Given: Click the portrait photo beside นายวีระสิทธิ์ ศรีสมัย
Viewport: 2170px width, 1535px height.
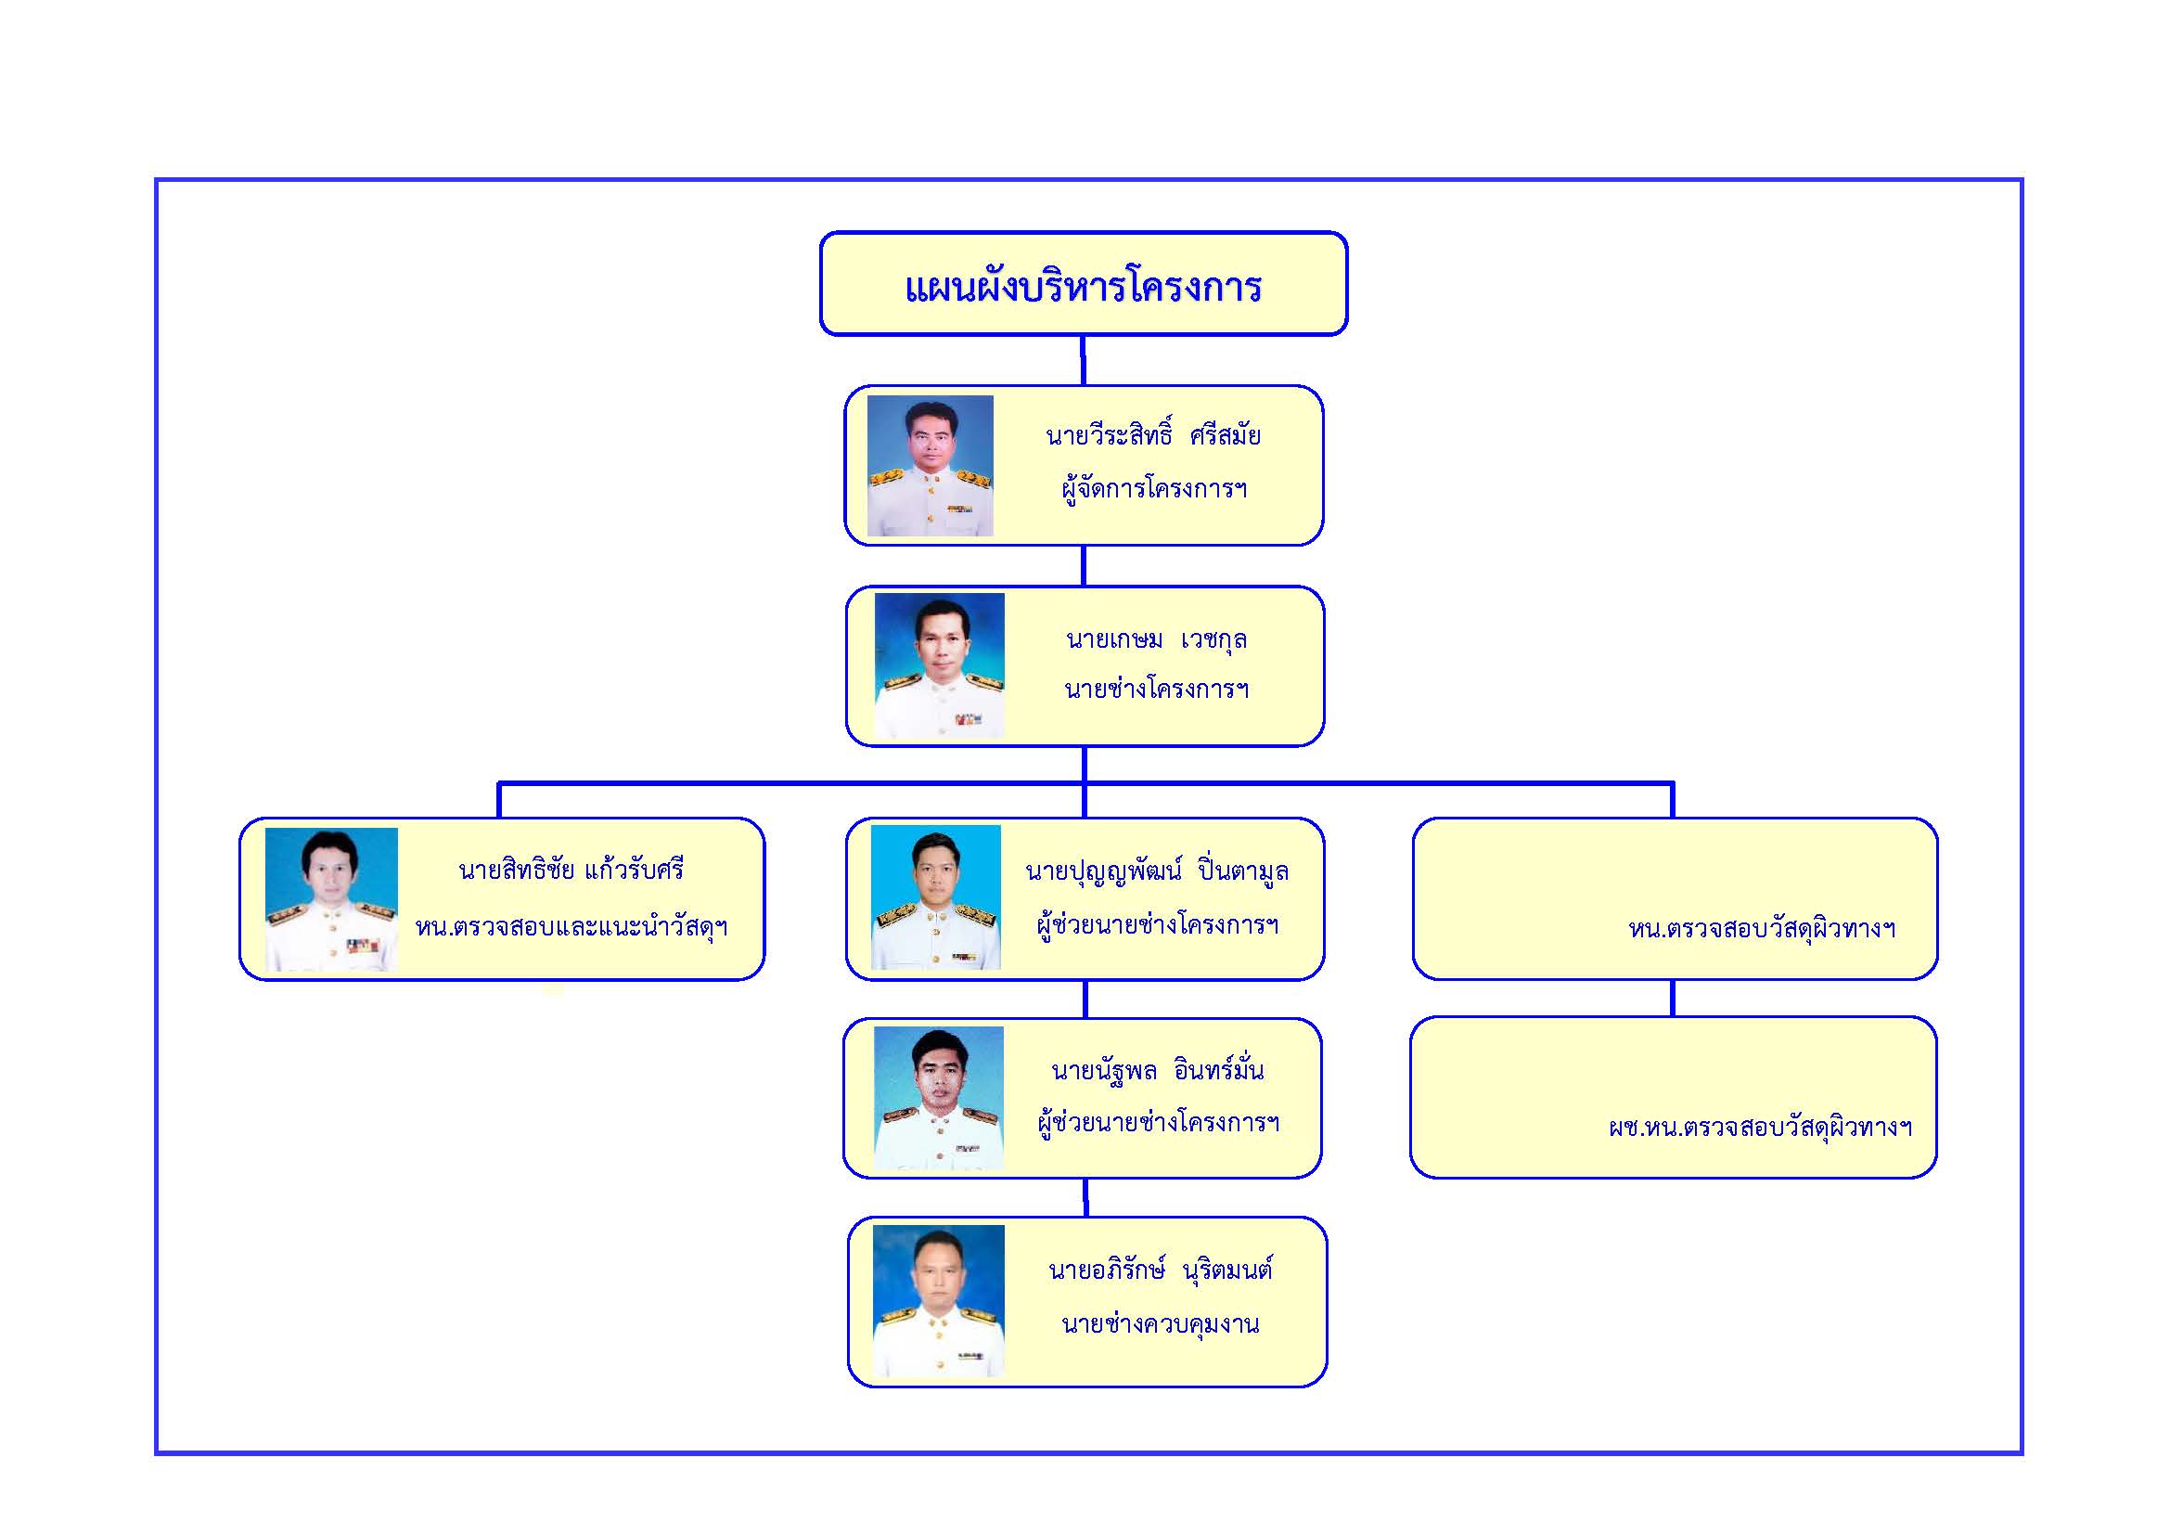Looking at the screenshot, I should coord(930,466).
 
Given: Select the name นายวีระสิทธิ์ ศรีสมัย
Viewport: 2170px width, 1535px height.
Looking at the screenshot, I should coord(1153,436).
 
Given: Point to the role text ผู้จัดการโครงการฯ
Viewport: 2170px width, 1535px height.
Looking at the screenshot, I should coord(1154,489).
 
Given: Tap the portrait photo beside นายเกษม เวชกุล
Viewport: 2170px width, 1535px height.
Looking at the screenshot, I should coord(940,665).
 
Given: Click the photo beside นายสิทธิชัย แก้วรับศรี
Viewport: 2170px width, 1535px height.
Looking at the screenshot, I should coord(331,899).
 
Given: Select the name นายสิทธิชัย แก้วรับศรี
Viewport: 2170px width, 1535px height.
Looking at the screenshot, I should coord(571,870).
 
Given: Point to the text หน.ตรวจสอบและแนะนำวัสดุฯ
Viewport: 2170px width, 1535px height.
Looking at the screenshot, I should coord(571,926).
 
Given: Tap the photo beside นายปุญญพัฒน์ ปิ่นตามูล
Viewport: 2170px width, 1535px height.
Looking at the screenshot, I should coord(936,897).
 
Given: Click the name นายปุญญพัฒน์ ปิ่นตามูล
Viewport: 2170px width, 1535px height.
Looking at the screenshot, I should coord(1157,871).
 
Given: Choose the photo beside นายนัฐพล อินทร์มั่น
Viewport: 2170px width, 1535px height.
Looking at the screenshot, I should coord(939,1098).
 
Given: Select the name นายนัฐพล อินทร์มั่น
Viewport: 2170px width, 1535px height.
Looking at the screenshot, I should coord(1157,1071).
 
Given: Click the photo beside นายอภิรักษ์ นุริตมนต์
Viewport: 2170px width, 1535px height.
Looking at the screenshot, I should coord(939,1299).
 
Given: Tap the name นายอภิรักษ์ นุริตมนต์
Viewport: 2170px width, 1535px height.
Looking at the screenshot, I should coord(1161,1271).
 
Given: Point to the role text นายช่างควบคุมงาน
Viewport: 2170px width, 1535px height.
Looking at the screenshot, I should coord(1161,1323).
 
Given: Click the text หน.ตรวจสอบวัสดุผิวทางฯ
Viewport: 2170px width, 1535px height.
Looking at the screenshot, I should coord(1762,929).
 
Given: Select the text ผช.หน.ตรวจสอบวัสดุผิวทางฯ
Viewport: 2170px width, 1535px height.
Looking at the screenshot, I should coord(1760,1128).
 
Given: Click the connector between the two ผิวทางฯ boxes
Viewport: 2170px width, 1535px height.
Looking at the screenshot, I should coord(1673,999).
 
